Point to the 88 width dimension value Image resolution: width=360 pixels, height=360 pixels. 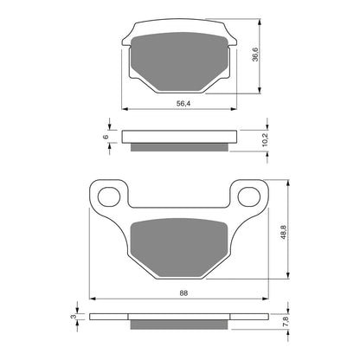tap(181, 292)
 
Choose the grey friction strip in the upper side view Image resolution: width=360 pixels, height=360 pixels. tap(179, 144)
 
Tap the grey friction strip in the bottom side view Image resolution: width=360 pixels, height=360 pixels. tap(179, 325)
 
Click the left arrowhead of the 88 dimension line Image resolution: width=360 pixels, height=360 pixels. tap(93, 300)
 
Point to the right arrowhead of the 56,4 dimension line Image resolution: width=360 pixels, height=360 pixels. tap(232, 109)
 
